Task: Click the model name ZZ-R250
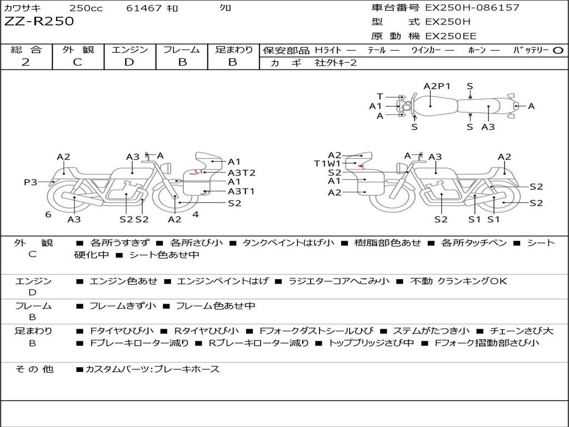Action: coord(39,22)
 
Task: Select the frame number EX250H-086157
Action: coord(472,8)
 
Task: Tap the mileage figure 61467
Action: coord(144,8)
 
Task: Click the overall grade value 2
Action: coord(26,62)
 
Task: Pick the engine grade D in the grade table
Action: coord(129,62)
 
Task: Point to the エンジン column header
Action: coord(129,49)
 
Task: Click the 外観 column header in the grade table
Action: coord(78,49)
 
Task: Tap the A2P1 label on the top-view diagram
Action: coord(437,86)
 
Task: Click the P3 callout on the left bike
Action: coord(30,182)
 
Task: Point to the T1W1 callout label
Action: coord(327,163)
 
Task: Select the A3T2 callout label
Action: coord(241,173)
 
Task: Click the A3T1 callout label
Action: coord(241,191)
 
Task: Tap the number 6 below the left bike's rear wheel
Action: coord(48,215)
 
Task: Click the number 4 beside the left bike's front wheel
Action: coord(196,214)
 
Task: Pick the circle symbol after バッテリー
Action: coord(558,50)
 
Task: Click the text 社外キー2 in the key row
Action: coord(336,63)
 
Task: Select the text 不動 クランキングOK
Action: coord(458,281)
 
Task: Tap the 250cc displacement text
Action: coord(87,8)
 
